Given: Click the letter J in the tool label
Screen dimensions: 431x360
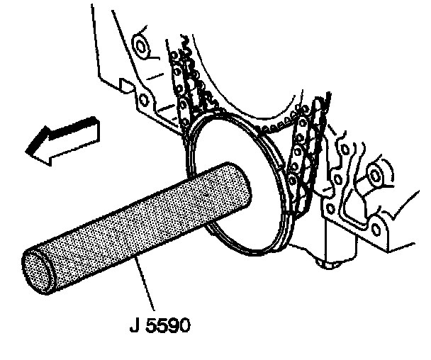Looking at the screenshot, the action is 135,327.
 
